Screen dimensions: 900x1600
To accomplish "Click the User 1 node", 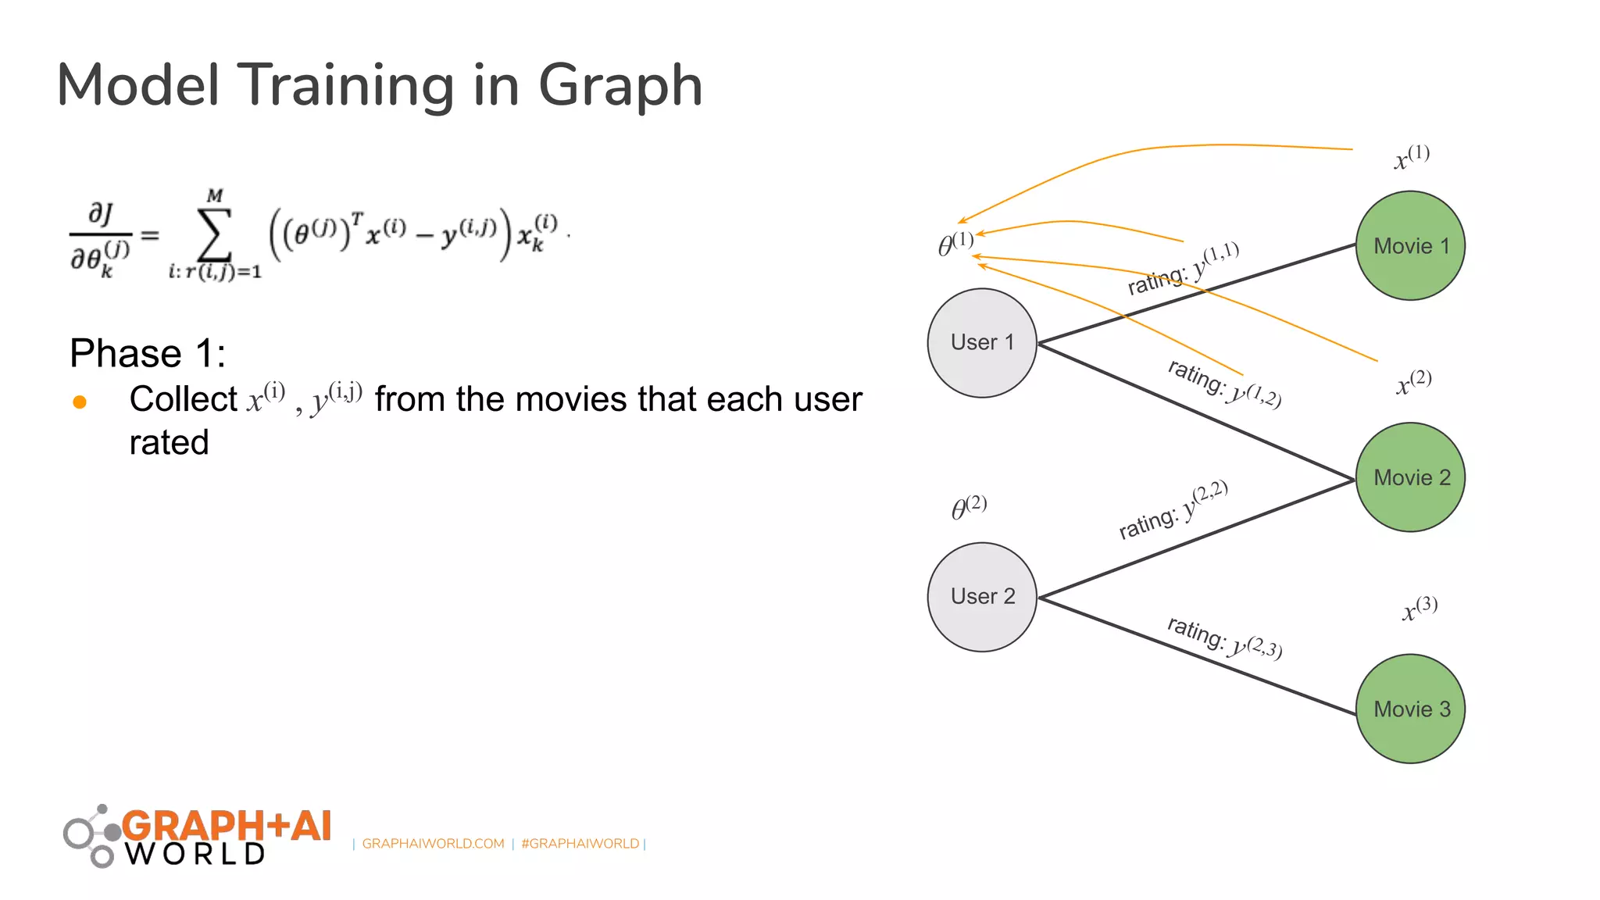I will pos(982,343).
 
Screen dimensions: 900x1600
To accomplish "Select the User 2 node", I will pos(982,597).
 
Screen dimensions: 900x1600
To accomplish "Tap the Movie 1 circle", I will pos(1410,246).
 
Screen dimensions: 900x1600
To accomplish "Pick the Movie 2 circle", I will pos(1410,477).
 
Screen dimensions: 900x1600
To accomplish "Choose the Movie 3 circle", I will pos(1410,709).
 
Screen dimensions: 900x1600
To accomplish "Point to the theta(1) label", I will pos(955,244).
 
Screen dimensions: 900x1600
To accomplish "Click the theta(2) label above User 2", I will pos(969,507).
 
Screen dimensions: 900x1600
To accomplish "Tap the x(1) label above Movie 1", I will pos(1412,157).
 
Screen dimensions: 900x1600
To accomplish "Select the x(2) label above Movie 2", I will pos(1413,383).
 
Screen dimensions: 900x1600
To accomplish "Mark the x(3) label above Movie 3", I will pos(1420,609).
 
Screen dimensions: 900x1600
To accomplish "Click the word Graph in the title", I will pos(620,85).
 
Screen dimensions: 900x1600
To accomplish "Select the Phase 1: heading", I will pos(148,353).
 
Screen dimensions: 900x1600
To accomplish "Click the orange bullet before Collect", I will pos(80,402).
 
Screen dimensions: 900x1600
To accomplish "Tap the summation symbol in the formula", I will pos(215,234).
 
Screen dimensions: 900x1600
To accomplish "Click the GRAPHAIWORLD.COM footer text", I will pos(433,844).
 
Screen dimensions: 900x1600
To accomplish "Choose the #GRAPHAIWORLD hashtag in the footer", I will pos(580,844).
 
